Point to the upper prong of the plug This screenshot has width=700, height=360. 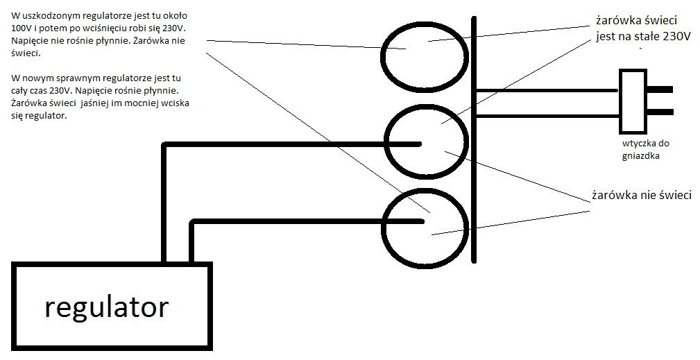(x=660, y=89)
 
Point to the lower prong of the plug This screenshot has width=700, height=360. (x=660, y=112)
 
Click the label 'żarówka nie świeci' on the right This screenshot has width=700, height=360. (x=642, y=196)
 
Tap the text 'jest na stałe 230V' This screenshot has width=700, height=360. (x=643, y=37)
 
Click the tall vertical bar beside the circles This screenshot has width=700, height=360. (x=474, y=139)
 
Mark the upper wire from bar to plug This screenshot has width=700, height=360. (x=547, y=91)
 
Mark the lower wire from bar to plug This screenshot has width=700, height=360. (x=547, y=116)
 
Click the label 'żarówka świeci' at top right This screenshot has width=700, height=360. (x=637, y=21)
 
